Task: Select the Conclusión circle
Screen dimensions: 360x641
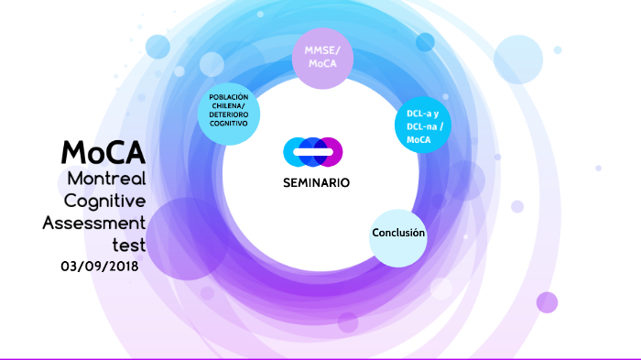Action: coord(398,235)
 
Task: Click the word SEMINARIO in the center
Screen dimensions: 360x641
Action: coord(316,181)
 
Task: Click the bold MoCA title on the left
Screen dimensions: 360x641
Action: coord(103,152)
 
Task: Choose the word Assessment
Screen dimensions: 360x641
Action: coord(94,223)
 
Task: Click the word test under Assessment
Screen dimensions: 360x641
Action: coord(128,245)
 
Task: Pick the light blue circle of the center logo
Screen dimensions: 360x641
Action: coord(296,150)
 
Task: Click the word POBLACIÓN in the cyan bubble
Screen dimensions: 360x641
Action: coord(229,97)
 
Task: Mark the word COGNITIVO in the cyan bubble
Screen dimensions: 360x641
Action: coord(229,123)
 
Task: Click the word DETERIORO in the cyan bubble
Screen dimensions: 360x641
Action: coord(229,115)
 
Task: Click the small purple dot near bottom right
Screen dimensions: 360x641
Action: coord(547,302)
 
